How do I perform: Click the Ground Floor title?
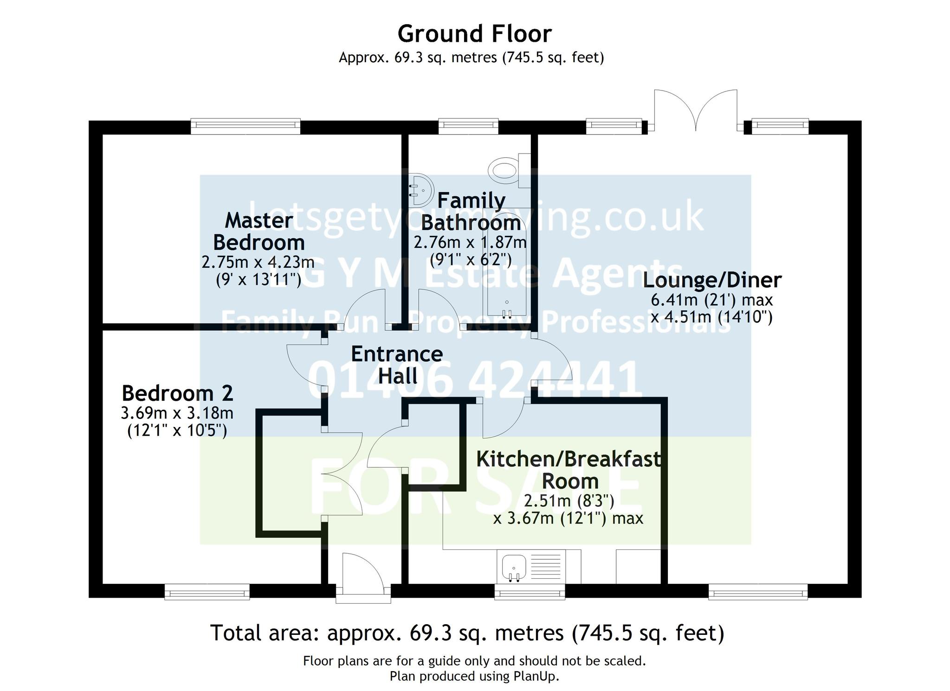click(474, 34)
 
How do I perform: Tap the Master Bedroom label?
click(259, 232)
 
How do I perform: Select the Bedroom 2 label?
click(177, 394)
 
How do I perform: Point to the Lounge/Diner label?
click(712, 280)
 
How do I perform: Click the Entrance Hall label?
click(397, 365)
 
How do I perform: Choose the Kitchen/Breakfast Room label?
click(569, 470)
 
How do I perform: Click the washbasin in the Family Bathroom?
click(420, 190)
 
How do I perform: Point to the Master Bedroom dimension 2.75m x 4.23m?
click(258, 262)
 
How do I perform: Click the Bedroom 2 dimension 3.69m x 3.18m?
click(177, 413)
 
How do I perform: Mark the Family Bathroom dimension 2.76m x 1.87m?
click(470, 242)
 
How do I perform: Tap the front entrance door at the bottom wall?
click(363, 575)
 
